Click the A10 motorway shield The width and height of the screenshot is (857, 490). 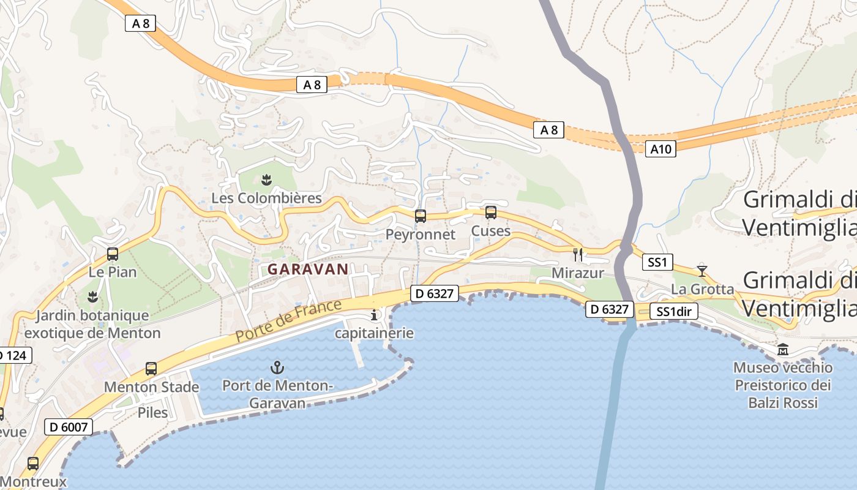[x=661, y=148]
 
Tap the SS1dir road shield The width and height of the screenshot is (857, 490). [x=673, y=311]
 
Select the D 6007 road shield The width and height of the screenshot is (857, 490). [x=68, y=427]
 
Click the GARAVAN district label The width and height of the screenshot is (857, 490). [x=308, y=269]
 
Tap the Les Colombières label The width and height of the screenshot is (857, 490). [x=266, y=198]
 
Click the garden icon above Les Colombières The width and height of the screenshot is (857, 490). [x=266, y=179]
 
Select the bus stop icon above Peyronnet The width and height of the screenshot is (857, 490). [x=421, y=216]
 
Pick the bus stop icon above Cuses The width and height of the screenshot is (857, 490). [x=491, y=213]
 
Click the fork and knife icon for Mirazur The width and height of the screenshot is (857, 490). [x=577, y=254]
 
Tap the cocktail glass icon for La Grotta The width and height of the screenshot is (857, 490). [x=702, y=270]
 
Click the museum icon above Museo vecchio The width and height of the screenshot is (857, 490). [x=783, y=350]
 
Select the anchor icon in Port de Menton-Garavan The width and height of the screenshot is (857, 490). [x=277, y=367]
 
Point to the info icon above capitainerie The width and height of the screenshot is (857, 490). [x=374, y=315]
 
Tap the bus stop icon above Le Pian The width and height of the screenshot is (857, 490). [x=113, y=254]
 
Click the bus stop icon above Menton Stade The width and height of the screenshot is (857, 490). [x=151, y=369]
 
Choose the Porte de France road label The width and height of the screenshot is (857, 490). [x=288, y=321]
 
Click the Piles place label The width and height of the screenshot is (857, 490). [x=152, y=412]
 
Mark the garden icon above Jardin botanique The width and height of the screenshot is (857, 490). [x=92, y=297]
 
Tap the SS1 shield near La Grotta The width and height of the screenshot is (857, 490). [x=657, y=263]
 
